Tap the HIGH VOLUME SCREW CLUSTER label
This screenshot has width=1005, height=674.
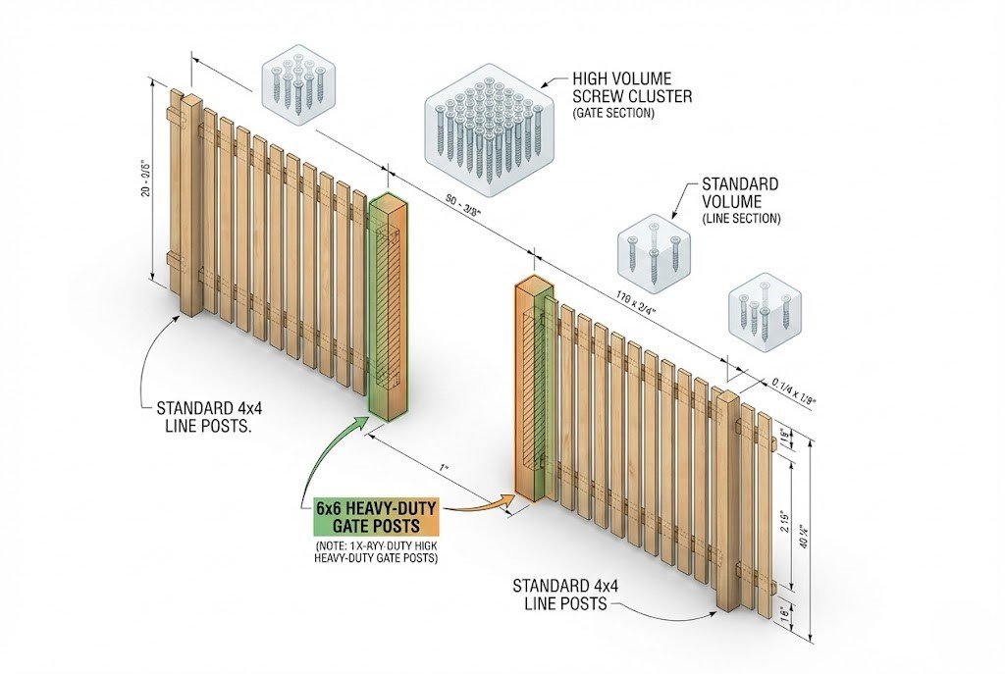click(633, 88)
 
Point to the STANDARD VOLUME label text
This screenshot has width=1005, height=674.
click(740, 192)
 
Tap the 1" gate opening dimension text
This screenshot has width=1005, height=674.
click(444, 468)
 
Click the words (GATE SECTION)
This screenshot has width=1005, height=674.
click(612, 115)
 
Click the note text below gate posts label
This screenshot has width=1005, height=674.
click(376, 551)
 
